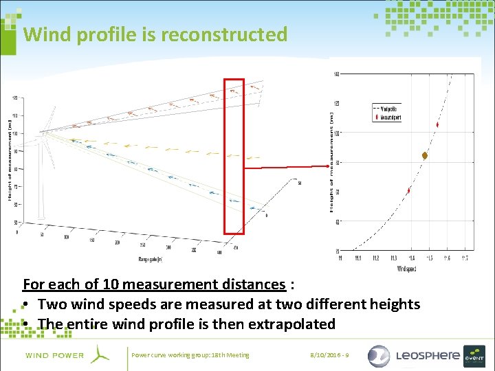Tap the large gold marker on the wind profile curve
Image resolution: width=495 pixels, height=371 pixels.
point(425,156)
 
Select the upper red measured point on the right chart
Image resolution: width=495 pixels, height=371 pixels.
point(437,125)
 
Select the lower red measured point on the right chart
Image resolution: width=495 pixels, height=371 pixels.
point(409,190)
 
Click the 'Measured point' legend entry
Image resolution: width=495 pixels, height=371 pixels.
point(390,117)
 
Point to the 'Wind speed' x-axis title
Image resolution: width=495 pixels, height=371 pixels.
point(406,269)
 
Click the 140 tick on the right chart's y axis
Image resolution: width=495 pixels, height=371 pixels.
point(335,74)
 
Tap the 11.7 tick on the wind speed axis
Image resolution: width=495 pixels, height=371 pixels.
point(465,259)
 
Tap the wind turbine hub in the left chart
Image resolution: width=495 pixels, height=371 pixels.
point(43,131)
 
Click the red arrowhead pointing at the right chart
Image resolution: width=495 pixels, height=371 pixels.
point(327,166)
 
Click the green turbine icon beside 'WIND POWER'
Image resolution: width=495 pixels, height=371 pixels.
point(100,355)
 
